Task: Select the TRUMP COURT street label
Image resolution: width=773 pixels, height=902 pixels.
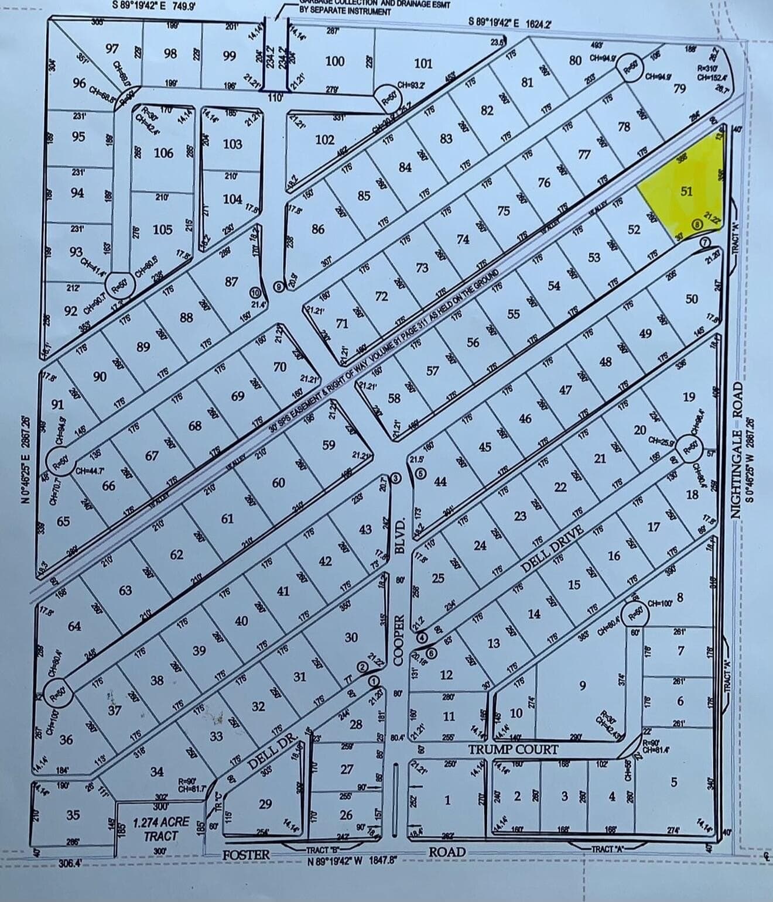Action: click(512, 749)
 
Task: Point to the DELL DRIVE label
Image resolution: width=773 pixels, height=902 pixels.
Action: click(553, 549)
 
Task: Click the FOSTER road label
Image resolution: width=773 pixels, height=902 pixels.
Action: click(246, 855)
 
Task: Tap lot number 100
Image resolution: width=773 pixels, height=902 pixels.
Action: click(334, 61)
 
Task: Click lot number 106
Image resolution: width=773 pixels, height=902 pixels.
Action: click(163, 153)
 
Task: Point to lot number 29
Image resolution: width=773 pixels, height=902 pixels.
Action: click(265, 804)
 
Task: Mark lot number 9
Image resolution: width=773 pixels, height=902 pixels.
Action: click(582, 685)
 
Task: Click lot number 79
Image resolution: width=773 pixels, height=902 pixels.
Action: click(679, 88)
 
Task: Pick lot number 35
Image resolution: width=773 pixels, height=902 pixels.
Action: click(73, 815)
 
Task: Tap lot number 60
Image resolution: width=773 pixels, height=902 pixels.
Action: click(279, 482)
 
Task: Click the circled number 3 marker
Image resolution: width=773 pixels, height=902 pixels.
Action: click(396, 479)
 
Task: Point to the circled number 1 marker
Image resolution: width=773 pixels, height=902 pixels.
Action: click(373, 680)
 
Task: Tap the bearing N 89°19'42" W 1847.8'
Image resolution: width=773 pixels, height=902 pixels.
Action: click(353, 860)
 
